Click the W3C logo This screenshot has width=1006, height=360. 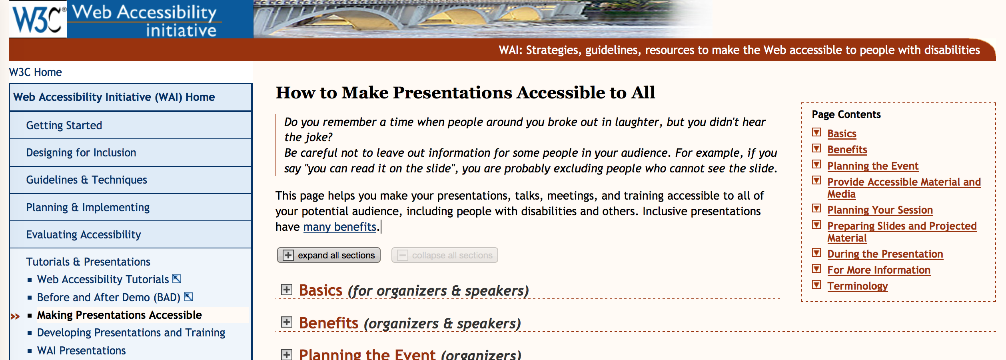(38, 19)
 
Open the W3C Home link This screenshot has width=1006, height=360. (35, 72)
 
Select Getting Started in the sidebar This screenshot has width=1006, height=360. (64, 126)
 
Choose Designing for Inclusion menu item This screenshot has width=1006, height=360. (81, 153)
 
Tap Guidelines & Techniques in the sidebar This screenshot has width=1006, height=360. (87, 180)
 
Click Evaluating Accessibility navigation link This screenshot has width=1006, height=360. (84, 235)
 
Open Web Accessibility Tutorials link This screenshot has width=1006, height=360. (103, 280)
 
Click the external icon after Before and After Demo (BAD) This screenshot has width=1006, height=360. (188, 297)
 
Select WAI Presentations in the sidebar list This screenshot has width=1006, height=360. (82, 351)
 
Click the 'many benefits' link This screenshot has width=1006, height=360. (340, 227)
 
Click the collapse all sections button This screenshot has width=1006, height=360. (445, 255)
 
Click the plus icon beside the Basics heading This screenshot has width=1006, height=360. (287, 290)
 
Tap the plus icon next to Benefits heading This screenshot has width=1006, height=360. (287, 322)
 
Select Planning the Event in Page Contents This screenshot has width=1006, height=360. (873, 166)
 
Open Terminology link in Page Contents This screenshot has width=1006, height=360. (858, 286)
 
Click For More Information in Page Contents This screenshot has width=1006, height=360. (879, 270)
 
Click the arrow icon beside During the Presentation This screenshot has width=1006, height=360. (816, 253)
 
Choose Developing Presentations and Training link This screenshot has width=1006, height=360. (131, 333)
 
